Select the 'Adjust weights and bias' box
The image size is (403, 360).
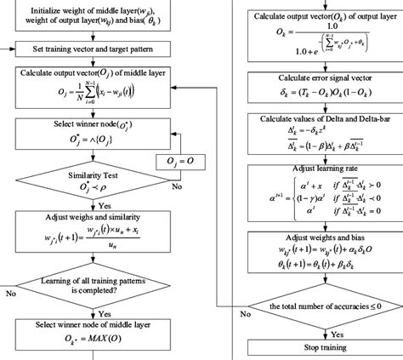pyautogui.click(x=319, y=254)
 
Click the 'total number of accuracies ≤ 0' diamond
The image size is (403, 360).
pyautogui.click(x=320, y=305)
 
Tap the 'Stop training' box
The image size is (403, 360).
pyautogui.click(x=319, y=348)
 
